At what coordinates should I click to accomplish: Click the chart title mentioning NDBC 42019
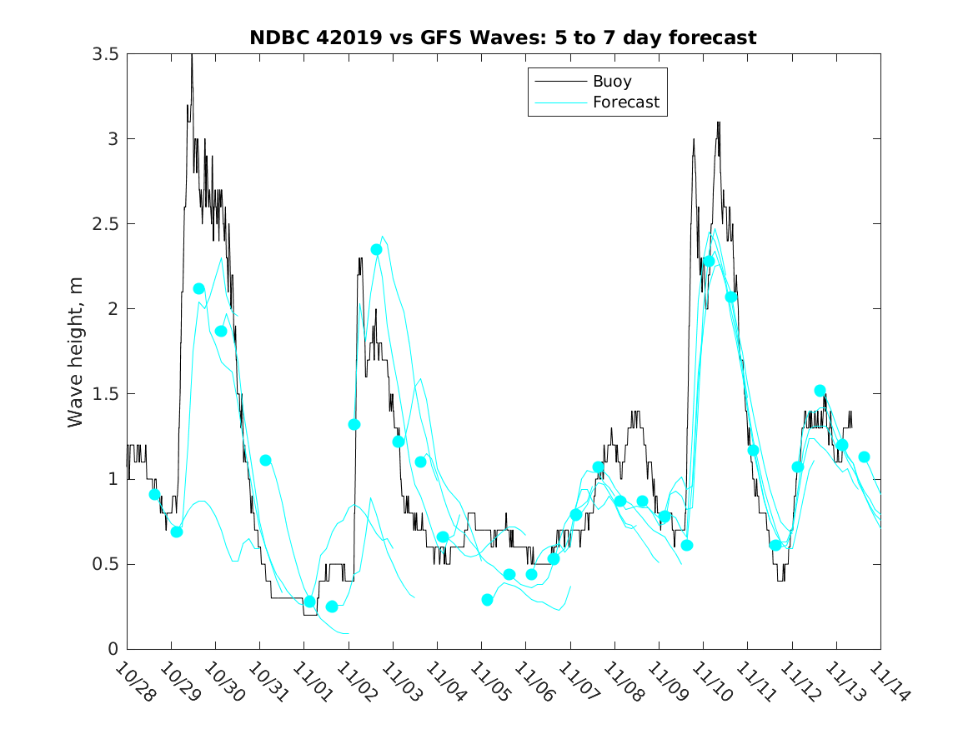point(503,37)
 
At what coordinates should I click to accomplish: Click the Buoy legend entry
point(611,82)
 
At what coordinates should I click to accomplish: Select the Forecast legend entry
point(625,102)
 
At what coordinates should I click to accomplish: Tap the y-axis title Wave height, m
point(76,352)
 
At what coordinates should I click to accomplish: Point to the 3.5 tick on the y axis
point(106,54)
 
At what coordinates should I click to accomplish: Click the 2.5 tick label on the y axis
point(106,224)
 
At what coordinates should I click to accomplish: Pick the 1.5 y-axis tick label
point(106,394)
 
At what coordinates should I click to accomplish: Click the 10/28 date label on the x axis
point(135,682)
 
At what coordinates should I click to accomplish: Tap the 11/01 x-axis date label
point(312,682)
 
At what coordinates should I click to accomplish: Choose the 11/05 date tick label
point(489,682)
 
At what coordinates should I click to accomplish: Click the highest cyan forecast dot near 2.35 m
point(376,250)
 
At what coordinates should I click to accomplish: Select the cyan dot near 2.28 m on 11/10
point(709,262)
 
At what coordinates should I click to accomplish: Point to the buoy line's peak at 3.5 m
point(192,55)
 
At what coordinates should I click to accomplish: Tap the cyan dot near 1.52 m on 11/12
point(820,391)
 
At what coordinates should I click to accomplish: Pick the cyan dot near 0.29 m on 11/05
point(487,600)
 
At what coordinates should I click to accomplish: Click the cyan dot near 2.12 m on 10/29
point(198,289)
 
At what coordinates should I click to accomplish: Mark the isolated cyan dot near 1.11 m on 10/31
point(265,460)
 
